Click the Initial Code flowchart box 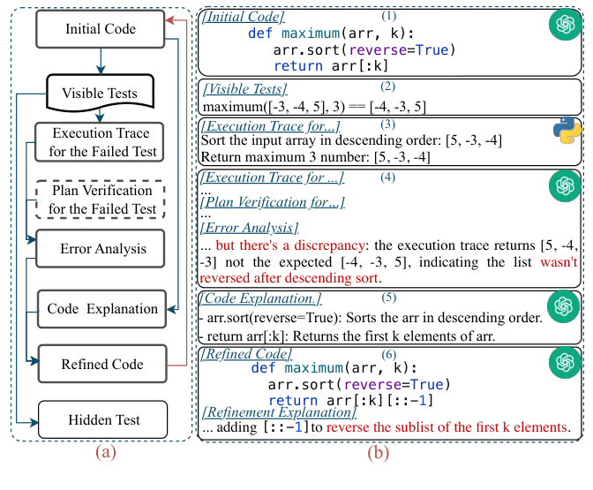click(101, 29)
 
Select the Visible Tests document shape click(100, 93)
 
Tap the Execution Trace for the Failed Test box click(100, 142)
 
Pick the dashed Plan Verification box click(101, 200)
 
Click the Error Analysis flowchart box click(101, 248)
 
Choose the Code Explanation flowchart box click(101, 309)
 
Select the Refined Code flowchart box click(102, 364)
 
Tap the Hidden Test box click(103, 419)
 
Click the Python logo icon click(567, 130)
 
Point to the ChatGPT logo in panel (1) click(566, 24)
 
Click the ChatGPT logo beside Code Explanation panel click(564, 306)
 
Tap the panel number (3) click(388, 124)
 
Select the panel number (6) click(389, 355)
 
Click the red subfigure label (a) click(106, 452)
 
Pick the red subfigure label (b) click(379, 452)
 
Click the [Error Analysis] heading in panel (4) click(249, 228)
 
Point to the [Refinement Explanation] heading click(280, 411)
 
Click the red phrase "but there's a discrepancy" click(290, 245)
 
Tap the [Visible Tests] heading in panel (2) click(245, 89)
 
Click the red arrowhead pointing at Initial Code click(170, 20)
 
